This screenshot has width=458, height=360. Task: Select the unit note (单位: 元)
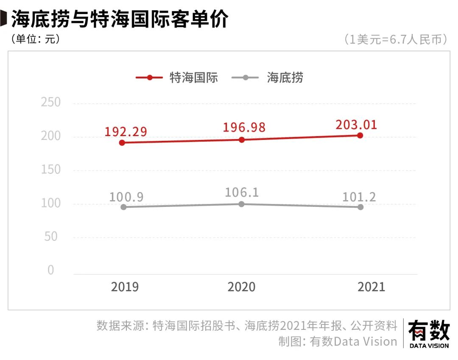tap(35, 39)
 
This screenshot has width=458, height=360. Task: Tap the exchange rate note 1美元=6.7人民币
tap(396, 39)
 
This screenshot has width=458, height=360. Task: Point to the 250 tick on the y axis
tap(51, 103)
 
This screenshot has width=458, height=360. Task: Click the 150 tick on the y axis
tap(51, 170)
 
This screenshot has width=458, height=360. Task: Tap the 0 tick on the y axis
tap(51, 270)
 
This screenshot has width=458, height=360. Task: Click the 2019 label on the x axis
tap(125, 287)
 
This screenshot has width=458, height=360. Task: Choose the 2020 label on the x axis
tap(241, 287)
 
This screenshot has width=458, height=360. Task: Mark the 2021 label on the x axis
tap(371, 287)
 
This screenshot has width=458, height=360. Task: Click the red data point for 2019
tap(122, 143)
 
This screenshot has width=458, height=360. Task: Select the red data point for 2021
tap(360, 135)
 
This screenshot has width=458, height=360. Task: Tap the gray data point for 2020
tap(241, 204)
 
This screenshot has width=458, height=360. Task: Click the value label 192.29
tap(126, 131)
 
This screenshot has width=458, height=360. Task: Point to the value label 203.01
tap(356, 125)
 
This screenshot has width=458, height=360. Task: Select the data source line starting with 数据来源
tap(247, 326)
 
